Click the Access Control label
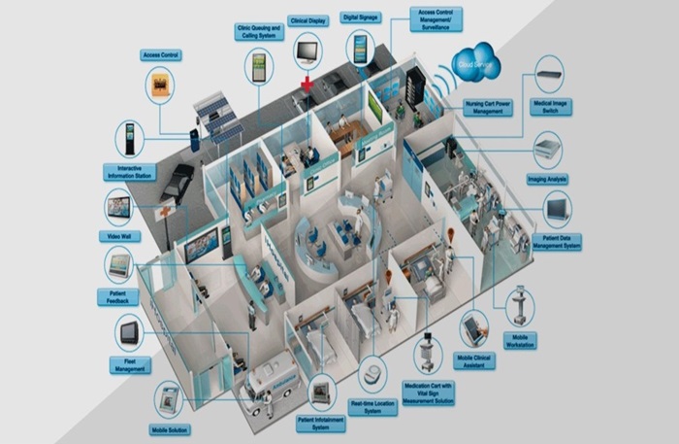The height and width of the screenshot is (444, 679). [162, 56]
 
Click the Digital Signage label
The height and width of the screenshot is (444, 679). [360, 17]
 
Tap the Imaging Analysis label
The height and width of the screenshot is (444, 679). [549, 180]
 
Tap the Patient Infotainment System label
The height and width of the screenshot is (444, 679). [321, 424]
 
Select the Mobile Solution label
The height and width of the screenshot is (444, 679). [170, 428]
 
